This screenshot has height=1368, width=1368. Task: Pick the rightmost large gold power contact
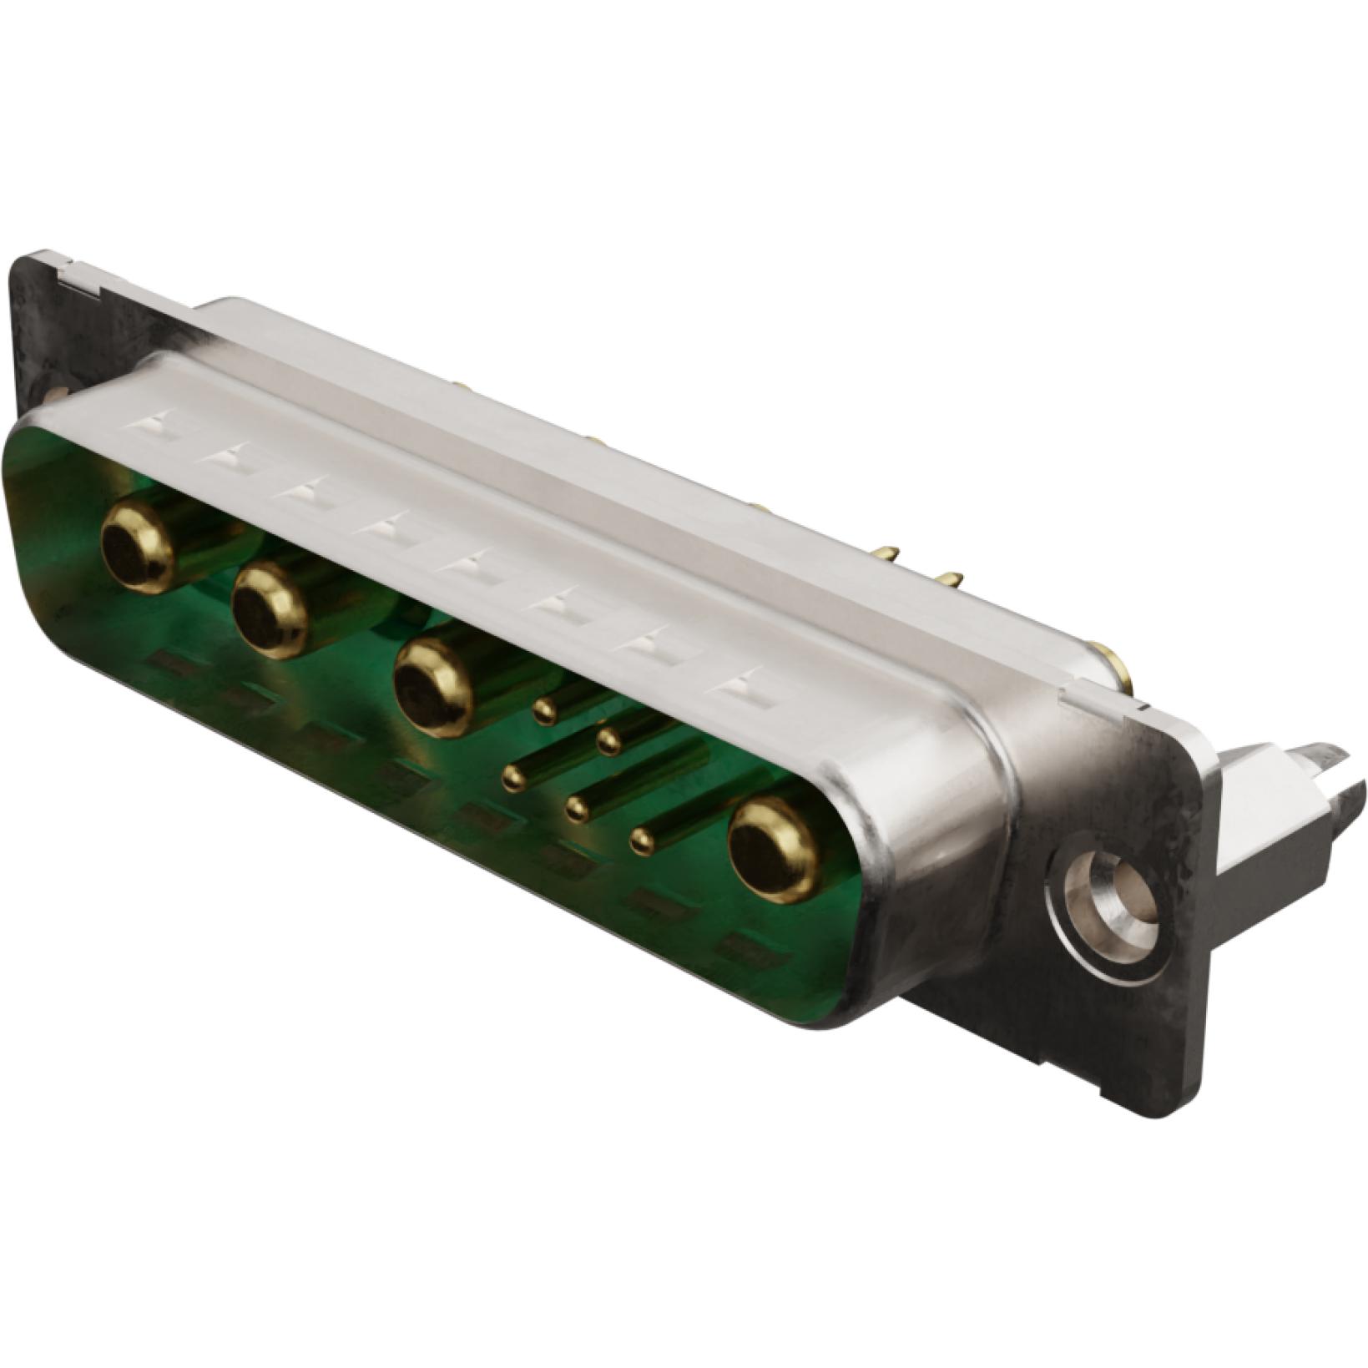coord(774,849)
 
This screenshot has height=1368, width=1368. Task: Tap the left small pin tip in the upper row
coord(544,711)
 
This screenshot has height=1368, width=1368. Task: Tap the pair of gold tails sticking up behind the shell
coord(918,568)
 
